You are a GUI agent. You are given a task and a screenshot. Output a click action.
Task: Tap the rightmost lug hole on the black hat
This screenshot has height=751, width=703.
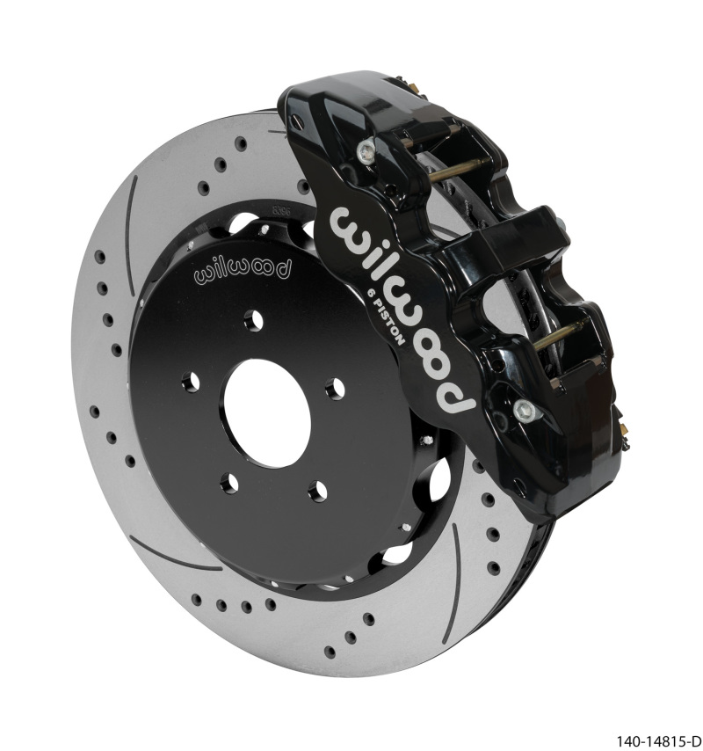(334, 388)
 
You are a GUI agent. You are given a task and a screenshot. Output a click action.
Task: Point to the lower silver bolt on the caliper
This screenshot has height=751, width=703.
(525, 409)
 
